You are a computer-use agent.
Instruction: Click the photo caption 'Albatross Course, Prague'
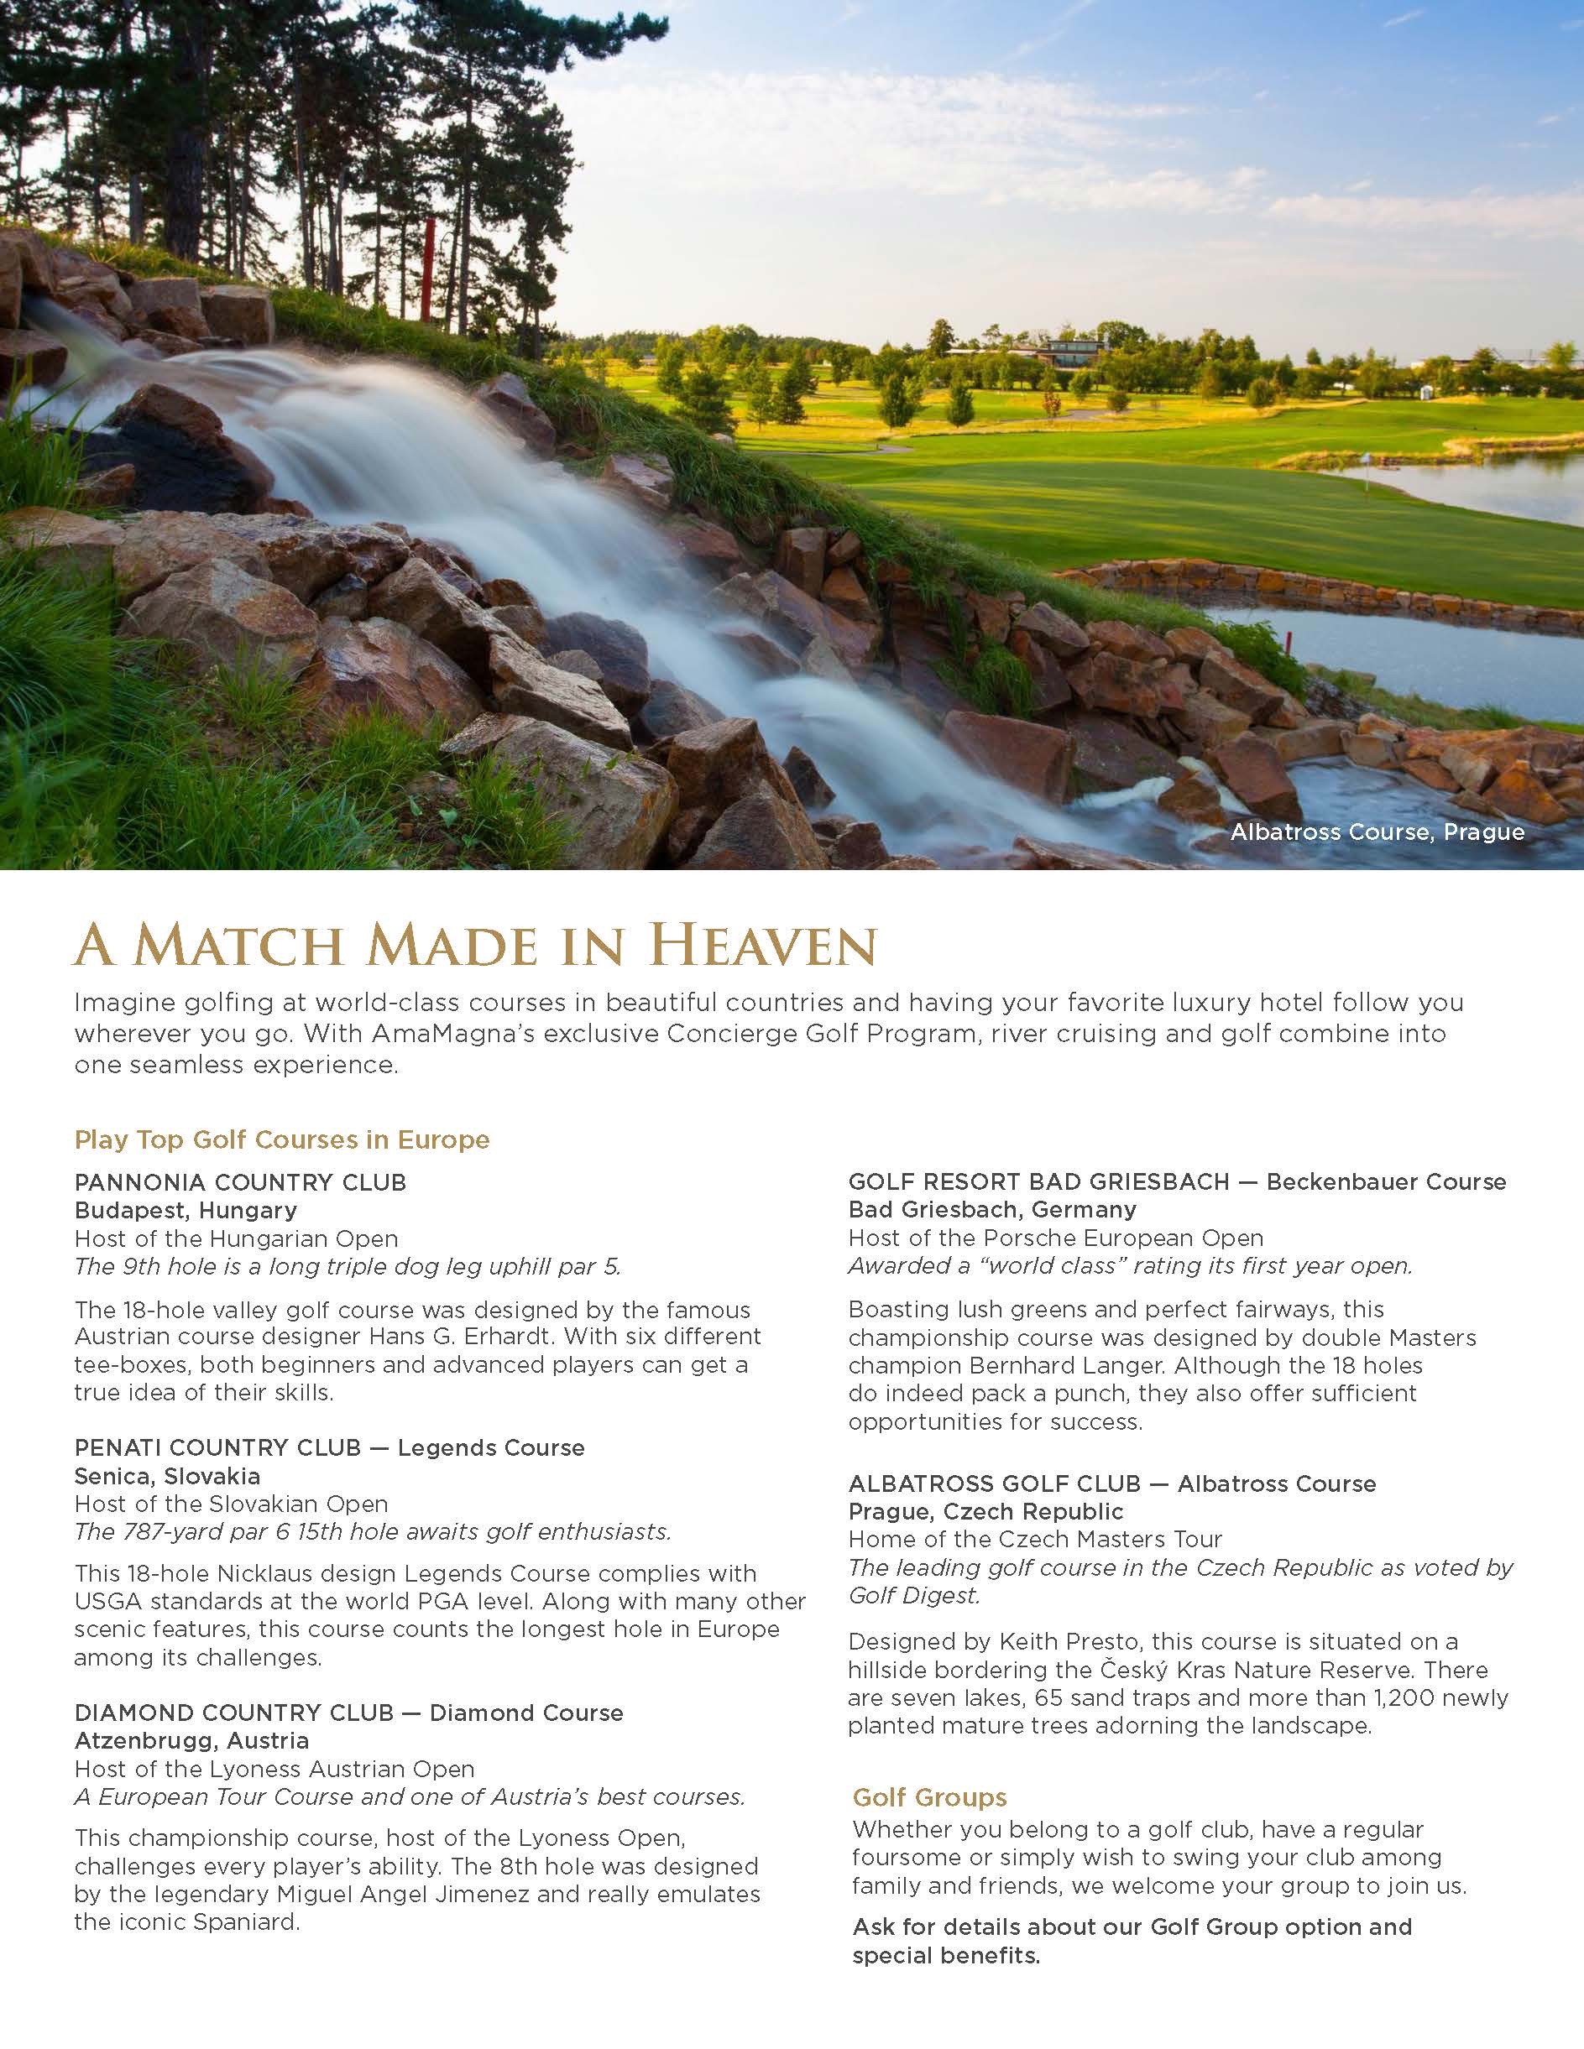(x=1377, y=832)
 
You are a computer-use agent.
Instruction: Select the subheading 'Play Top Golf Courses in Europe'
(x=281, y=1140)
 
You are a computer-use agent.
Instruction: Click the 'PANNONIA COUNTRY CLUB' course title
(x=240, y=1182)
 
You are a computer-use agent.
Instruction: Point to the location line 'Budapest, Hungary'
(x=186, y=1210)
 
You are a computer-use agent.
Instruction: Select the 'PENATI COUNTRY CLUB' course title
(x=217, y=1447)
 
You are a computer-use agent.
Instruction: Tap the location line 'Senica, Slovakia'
(x=167, y=1476)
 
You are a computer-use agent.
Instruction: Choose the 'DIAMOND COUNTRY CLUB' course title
(x=233, y=1713)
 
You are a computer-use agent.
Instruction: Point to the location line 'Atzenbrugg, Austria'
(x=191, y=1741)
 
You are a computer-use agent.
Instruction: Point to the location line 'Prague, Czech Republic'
(x=985, y=1512)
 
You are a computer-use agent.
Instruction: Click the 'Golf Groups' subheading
(x=929, y=1797)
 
